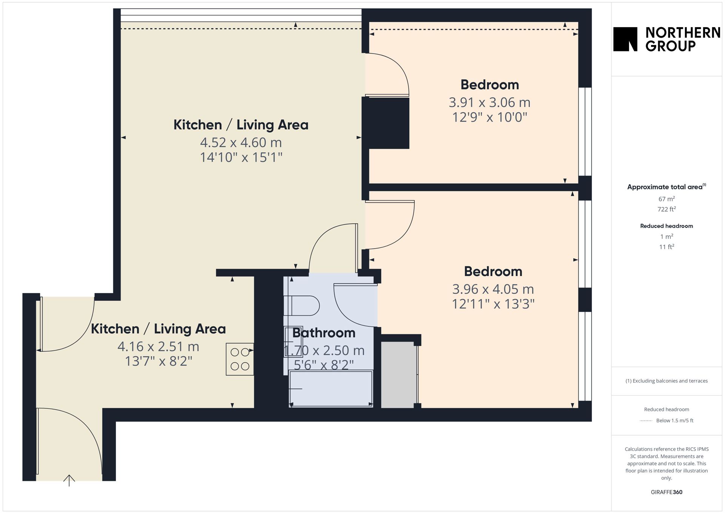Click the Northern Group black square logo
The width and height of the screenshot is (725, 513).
(x=625, y=39)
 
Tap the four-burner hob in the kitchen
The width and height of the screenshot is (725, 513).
(x=240, y=359)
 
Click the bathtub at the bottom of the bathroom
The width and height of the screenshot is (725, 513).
(x=331, y=388)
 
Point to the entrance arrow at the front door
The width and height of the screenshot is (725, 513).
(x=69, y=480)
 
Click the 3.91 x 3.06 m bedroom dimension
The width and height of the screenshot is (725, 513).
(x=489, y=102)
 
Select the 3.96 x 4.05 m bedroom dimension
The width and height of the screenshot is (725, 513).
(x=493, y=289)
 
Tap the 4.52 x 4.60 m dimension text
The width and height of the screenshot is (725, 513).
(x=241, y=142)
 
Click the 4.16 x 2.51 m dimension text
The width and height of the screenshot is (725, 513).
(x=158, y=346)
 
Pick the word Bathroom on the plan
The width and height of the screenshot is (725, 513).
(x=324, y=333)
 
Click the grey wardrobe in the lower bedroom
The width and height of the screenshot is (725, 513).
(x=399, y=375)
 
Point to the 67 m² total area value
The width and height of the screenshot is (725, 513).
(x=666, y=199)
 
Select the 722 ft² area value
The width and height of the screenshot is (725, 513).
(x=666, y=209)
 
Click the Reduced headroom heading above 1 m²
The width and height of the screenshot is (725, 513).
(x=666, y=226)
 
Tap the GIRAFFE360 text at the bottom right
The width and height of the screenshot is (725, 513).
(x=666, y=492)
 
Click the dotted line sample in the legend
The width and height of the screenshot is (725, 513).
(x=646, y=420)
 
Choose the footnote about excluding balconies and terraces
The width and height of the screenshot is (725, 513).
(x=666, y=381)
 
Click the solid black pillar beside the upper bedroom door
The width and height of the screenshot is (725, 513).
(x=386, y=123)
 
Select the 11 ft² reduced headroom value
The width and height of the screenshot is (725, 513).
(x=666, y=247)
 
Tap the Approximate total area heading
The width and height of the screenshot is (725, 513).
(x=666, y=187)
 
